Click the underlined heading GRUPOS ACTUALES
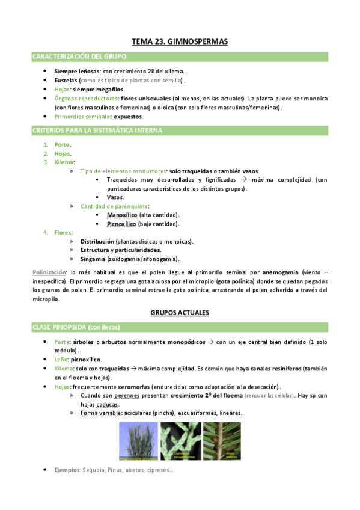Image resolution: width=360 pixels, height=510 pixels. tap(179, 313)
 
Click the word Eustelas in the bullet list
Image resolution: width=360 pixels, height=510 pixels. tap(66, 80)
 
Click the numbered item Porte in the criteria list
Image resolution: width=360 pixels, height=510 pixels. tap(61, 145)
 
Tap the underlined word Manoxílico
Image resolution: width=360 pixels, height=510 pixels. tap(122, 215)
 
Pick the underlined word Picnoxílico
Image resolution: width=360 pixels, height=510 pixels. tap(122, 224)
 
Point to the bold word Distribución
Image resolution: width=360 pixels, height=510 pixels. tap(97, 241)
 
